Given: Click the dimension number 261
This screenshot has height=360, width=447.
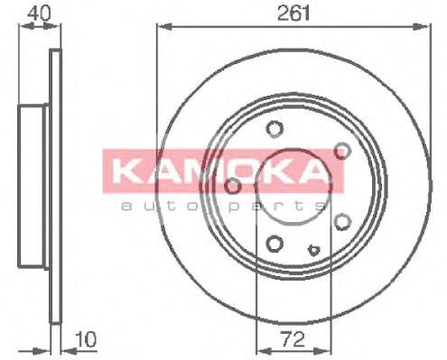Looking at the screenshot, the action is [x=293, y=14].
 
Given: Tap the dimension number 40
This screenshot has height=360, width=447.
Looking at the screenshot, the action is [x=39, y=14].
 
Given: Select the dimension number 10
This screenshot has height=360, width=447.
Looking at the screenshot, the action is [x=86, y=339].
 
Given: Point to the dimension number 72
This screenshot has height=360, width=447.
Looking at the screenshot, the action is [x=293, y=339].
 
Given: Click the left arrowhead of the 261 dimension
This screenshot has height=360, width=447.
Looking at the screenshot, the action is [x=164, y=27].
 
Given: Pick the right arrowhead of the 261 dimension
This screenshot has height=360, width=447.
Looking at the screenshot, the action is [x=423, y=26].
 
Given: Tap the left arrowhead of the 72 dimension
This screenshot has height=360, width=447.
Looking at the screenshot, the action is [x=264, y=350].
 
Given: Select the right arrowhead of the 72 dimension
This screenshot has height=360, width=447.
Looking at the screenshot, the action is [x=323, y=350].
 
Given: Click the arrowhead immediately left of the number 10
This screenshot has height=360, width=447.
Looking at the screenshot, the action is [x=68, y=351].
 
